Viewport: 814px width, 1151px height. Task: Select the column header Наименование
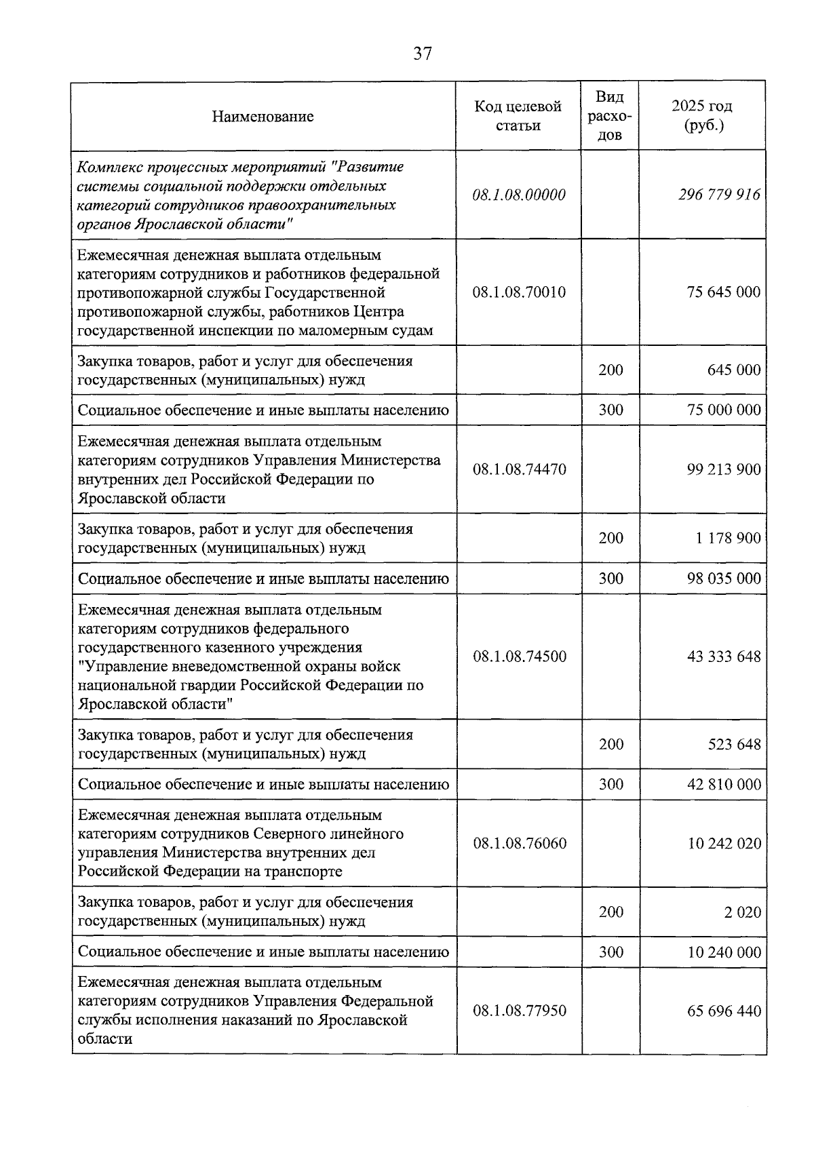263,117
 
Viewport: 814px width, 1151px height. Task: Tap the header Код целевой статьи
518,116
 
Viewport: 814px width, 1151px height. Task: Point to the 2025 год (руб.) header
702,116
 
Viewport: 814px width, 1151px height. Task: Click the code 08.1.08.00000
519,195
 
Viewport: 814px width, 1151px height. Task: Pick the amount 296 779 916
719,195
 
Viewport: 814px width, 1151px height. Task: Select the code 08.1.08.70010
519,292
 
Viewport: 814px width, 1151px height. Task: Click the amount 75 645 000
723,292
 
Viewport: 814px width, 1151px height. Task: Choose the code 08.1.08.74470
519,469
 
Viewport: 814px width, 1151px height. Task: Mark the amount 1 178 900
727,539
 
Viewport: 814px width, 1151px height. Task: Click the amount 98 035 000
723,579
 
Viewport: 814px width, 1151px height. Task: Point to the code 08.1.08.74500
519,657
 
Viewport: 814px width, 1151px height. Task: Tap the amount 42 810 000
723,785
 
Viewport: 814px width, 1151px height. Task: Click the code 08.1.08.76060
519,844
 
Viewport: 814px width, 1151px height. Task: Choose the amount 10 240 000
723,952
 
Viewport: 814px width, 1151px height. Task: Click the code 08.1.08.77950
519,1011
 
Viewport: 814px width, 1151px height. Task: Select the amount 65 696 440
723,1011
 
